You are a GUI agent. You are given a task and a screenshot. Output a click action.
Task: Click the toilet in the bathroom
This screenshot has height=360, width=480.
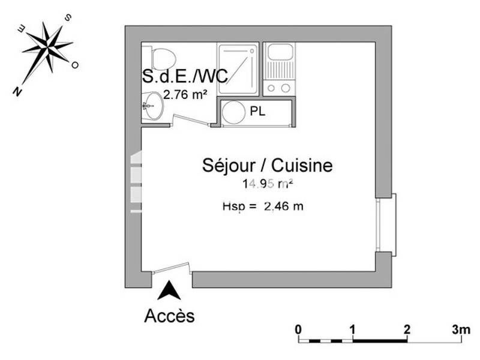pyautogui.click(x=162, y=58)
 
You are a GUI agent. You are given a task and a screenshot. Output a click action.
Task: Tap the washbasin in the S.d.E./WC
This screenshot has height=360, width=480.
pyautogui.click(x=152, y=106)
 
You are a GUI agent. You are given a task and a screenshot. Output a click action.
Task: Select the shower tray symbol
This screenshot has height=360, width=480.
pyautogui.click(x=238, y=68)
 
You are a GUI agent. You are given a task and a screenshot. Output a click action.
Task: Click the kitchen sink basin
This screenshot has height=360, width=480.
pyautogui.click(x=280, y=52)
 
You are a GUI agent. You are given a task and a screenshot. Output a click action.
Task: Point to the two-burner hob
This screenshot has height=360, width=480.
pyautogui.click(x=280, y=88)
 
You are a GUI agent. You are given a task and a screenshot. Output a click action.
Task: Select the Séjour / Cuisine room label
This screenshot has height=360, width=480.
pyautogui.click(x=267, y=166)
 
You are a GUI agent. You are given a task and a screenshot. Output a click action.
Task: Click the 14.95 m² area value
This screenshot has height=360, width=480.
pyautogui.click(x=268, y=184)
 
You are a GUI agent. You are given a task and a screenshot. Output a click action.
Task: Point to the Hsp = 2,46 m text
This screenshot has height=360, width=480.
pyautogui.click(x=263, y=207)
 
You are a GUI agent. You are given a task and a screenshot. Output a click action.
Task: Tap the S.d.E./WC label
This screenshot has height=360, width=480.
pyautogui.click(x=184, y=76)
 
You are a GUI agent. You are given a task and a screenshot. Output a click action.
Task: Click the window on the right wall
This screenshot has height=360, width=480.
pyautogui.click(x=386, y=225)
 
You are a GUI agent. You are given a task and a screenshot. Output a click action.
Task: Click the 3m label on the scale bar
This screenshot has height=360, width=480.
pyautogui.click(x=461, y=329)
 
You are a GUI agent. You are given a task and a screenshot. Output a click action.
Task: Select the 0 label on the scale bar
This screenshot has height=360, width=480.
pyautogui.click(x=298, y=329)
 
